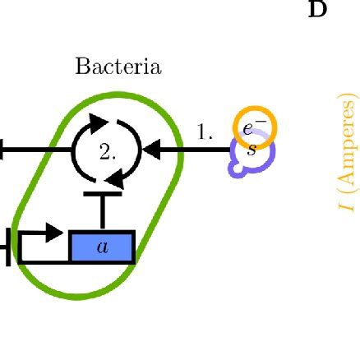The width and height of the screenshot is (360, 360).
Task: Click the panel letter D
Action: click(317, 10)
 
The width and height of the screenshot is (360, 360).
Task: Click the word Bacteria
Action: click(118, 67)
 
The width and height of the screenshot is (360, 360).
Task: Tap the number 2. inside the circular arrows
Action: click(108, 152)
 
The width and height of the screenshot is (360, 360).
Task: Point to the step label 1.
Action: click(205, 132)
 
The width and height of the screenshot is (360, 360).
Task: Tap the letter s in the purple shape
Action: click(252, 150)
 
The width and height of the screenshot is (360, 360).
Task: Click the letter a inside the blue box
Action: click(102, 247)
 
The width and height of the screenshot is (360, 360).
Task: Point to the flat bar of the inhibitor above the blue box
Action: click(102, 196)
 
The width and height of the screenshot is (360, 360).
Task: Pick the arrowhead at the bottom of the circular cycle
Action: click(117, 177)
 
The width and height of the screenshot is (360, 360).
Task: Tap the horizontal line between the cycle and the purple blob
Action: click(197, 150)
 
